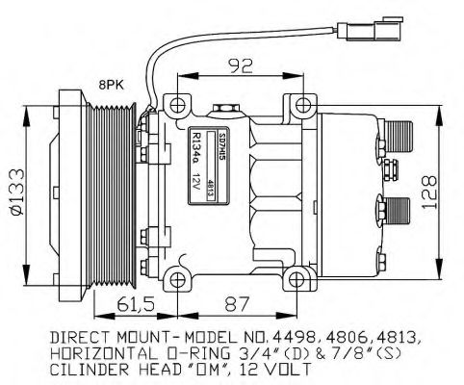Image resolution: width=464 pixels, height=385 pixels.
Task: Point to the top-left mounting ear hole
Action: [x=175, y=103]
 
